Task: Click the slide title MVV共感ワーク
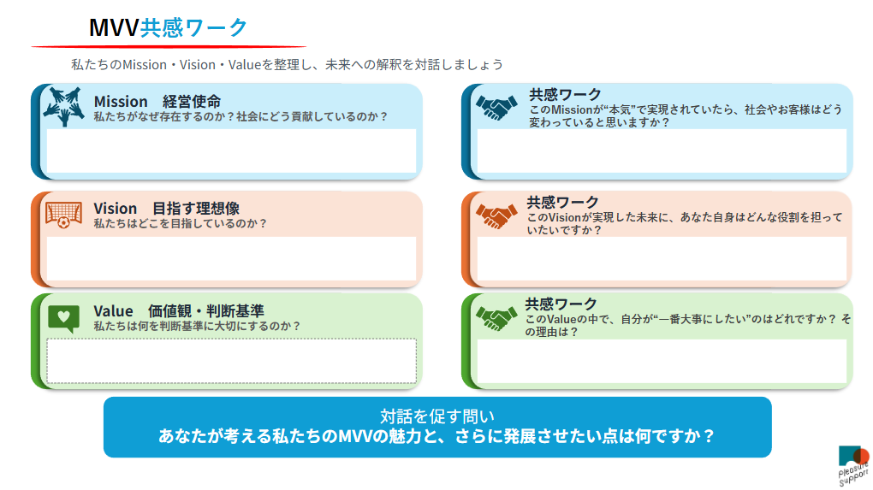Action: (x=168, y=27)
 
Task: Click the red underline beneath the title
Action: (x=169, y=47)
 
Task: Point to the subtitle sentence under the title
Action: (x=287, y=64)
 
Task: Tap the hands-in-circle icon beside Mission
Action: (x=64, y=106)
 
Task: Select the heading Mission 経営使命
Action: (x=157, y=102)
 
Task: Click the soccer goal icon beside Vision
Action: (x=63, y=215)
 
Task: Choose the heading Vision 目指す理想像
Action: (x=167, y=209)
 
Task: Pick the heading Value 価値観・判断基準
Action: (x=179, y=311)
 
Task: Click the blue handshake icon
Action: (x=496, y=108)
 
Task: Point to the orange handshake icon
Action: (x=496, y=215)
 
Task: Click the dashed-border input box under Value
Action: (x=232, y=361)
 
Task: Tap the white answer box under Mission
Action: (x=232, y=151)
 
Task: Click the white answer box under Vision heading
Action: (x=232, y=258)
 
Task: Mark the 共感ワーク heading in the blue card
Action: (x=565, y=94)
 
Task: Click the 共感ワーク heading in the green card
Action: (x=561, y=304)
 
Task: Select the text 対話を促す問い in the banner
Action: (x=437, y=416)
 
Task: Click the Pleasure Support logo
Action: (x=854, y=465)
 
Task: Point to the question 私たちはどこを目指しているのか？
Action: (x=181, y=223)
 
